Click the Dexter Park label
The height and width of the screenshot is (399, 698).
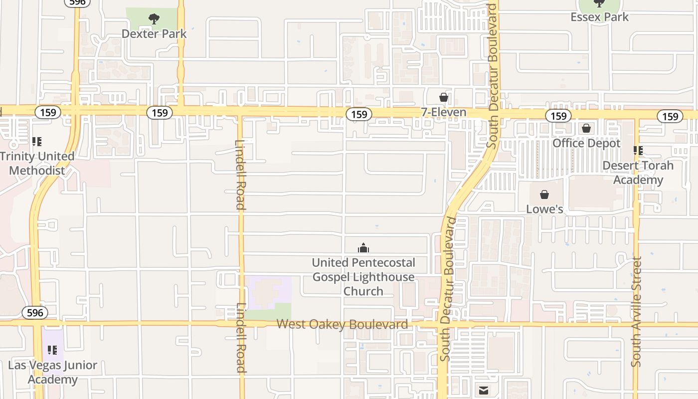[154, 34]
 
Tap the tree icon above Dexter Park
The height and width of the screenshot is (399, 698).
[154, 19]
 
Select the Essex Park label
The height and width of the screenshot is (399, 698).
[599, 17]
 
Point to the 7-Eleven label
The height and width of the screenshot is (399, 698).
[444, 112]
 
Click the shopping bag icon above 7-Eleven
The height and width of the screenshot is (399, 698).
[444, 97]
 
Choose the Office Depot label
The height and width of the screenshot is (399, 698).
[586, 143]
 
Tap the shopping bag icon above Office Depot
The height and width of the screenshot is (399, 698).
[586, 129]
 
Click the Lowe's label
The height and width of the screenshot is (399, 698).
[544, 209]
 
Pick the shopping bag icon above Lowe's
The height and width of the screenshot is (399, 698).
[544, 195]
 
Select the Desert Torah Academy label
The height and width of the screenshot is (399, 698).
[638, 173]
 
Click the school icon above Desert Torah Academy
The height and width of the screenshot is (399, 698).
[638, 150]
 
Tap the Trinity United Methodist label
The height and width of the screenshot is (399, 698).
[37, 163]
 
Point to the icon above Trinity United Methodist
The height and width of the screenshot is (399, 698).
[36, 142]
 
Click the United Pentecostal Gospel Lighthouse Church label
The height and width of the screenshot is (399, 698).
[363, 277]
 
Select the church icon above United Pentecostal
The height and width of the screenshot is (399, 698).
[363, 248]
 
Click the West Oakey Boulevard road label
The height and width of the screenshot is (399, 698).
[342, 324]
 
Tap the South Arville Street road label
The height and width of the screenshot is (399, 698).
[636, 312]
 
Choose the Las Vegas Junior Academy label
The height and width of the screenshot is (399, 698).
[52, 372]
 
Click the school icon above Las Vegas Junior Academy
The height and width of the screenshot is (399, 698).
[52, 350]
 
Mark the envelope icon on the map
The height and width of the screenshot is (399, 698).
[483, 391]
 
